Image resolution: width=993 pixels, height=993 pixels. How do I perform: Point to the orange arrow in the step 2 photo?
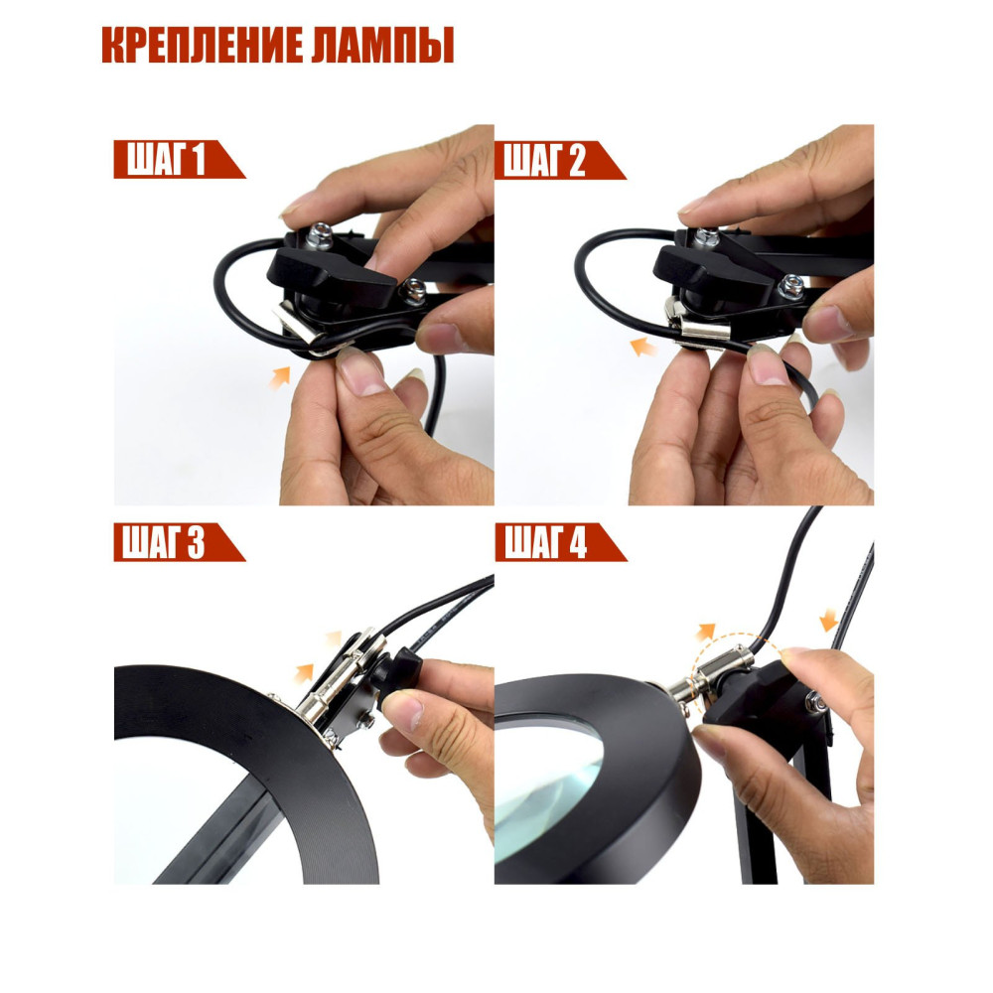(644, 346)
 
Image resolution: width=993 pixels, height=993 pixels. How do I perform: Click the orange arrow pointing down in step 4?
(829, 619)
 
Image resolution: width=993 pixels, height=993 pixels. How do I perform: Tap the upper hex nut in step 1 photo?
(319, 235)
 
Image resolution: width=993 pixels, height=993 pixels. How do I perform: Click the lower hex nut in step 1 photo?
(413, 291)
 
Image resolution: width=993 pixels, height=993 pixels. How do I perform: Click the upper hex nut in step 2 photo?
(706, 237)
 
